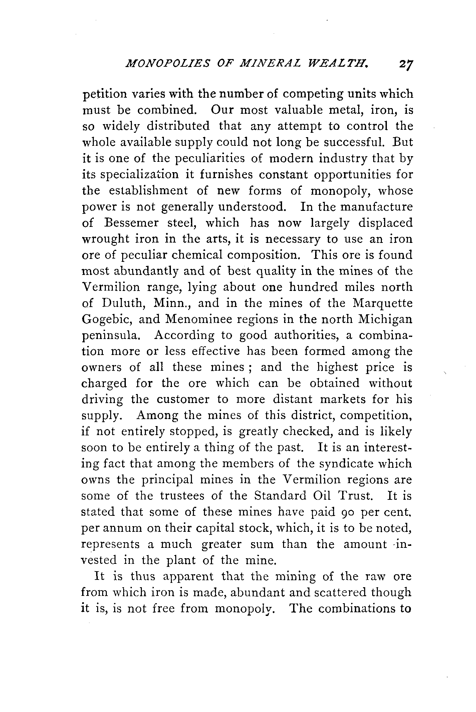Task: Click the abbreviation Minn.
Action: coord(172,303)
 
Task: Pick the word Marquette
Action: coord(383,303)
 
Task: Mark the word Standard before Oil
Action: coord(280,496)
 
